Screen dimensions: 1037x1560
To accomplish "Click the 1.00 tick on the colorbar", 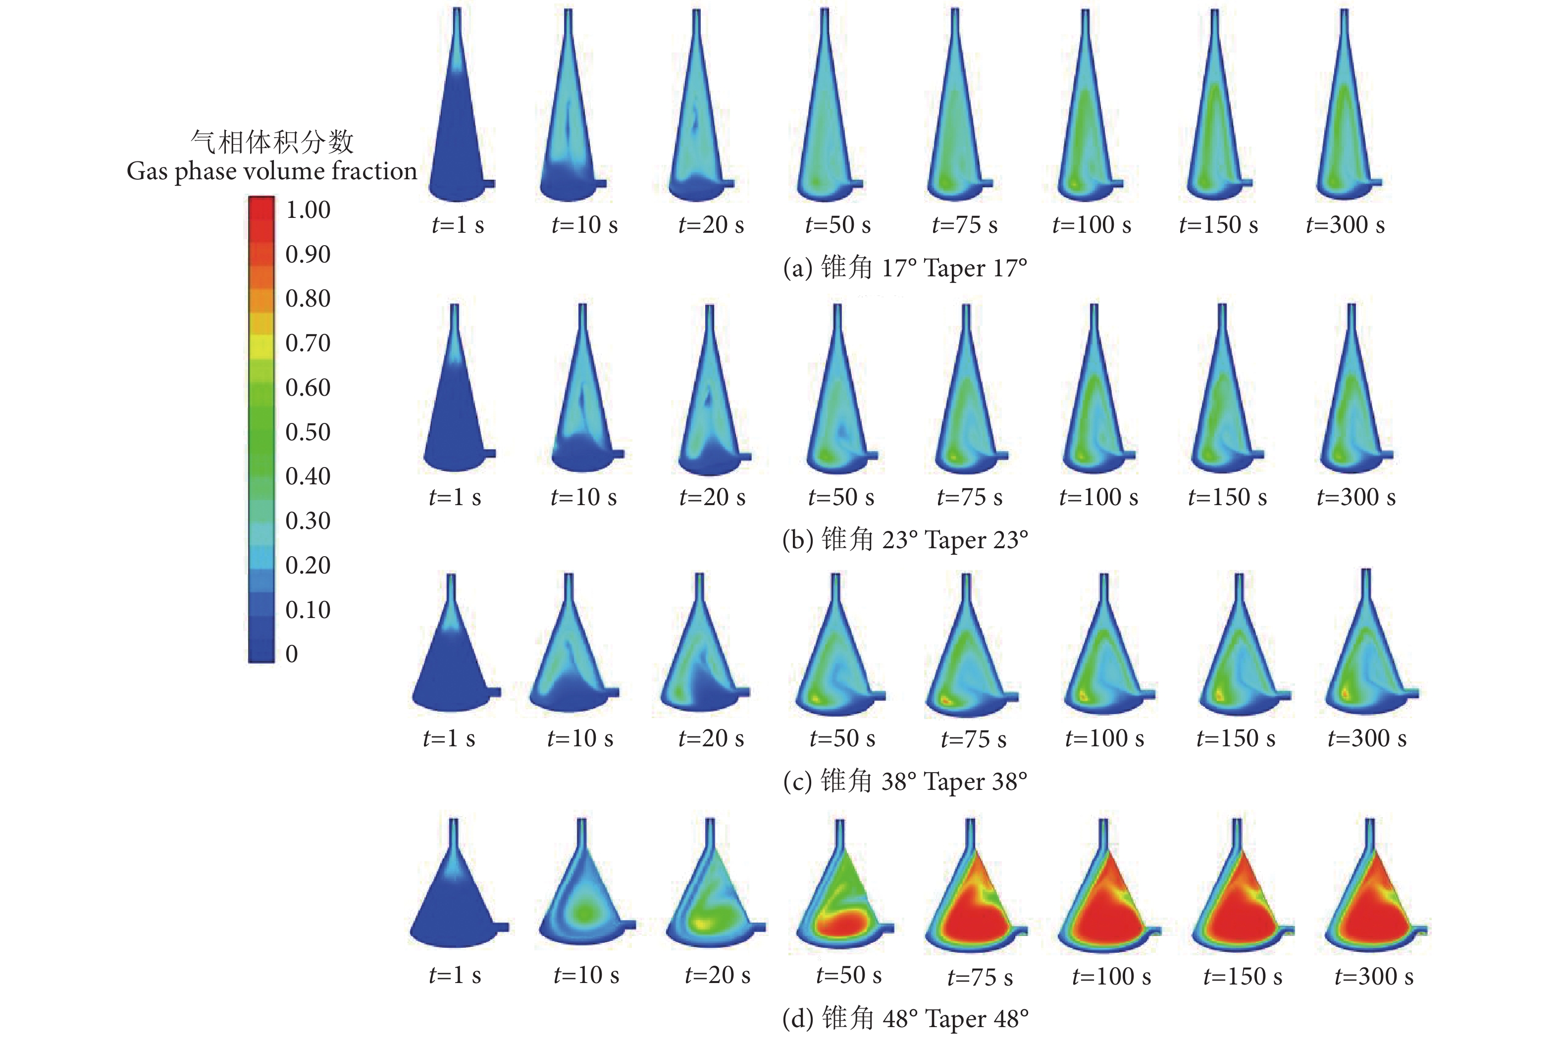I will (308, 210).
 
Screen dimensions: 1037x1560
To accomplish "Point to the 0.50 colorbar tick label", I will (308, 432).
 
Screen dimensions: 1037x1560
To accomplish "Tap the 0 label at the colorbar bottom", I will (292, 654).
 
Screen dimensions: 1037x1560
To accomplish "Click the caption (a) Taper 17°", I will (905, 268).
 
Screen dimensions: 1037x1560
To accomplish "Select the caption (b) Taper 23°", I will (905, 540).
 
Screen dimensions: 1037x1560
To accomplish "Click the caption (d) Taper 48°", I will (905, 1019).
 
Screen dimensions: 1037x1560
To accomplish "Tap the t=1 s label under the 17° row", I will (458, 225).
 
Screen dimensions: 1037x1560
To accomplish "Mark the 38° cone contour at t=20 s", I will (702, 661).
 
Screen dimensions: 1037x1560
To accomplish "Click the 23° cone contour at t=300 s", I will (1352, 410).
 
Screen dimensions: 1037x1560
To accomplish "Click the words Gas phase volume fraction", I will (272, 171).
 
